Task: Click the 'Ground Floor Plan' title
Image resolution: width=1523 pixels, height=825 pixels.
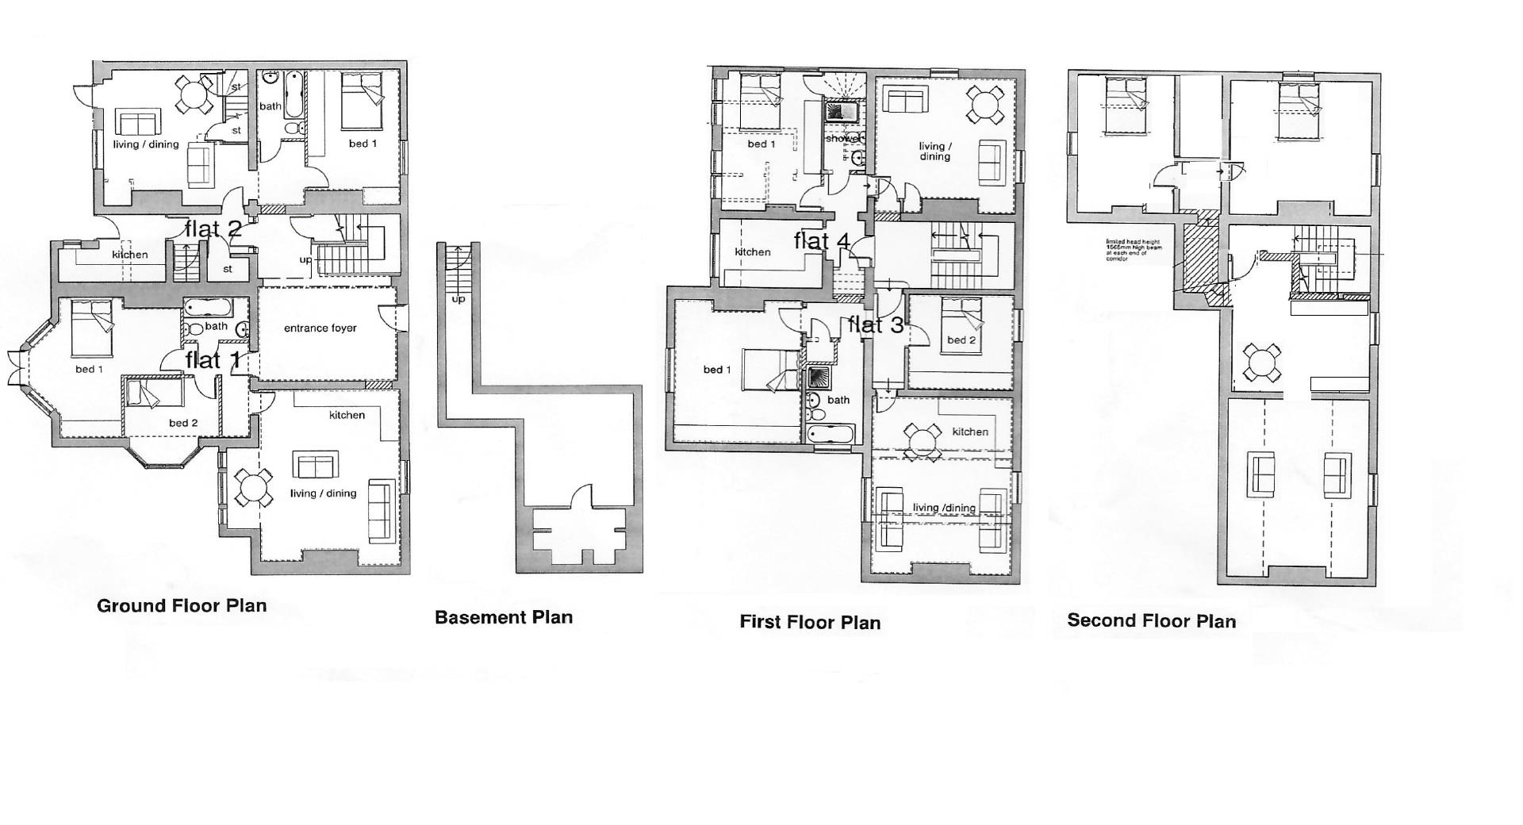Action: point(182,606)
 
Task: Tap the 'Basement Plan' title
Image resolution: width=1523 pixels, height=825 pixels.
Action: point(503,617)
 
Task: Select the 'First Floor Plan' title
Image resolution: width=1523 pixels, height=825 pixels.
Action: point(810,622)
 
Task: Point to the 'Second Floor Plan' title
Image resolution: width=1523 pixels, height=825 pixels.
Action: point(1151,620)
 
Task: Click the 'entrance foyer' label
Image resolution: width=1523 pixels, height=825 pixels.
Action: point(320,328)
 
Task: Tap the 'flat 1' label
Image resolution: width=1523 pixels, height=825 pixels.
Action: point(213,360)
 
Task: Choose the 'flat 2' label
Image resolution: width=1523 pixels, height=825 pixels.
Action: point(213,229)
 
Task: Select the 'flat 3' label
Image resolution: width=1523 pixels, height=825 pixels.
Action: point(876,324)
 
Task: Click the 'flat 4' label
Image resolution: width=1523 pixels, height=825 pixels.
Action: point(822,240)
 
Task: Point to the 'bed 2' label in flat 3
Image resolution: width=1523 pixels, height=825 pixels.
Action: point(961,340)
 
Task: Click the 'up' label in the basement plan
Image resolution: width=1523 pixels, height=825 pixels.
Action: point(458,299)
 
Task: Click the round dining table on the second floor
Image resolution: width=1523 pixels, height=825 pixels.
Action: point(1261,363)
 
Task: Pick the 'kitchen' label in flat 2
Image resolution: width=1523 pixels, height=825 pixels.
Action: point(129,255)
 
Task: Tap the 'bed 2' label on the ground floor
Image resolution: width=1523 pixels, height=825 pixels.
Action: point(183,423)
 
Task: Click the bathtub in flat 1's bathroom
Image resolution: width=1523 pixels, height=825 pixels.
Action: point(208,306)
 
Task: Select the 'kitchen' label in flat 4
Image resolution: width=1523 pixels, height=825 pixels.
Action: point(752,252)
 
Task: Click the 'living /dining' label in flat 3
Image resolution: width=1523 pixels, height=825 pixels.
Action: point(944,508)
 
